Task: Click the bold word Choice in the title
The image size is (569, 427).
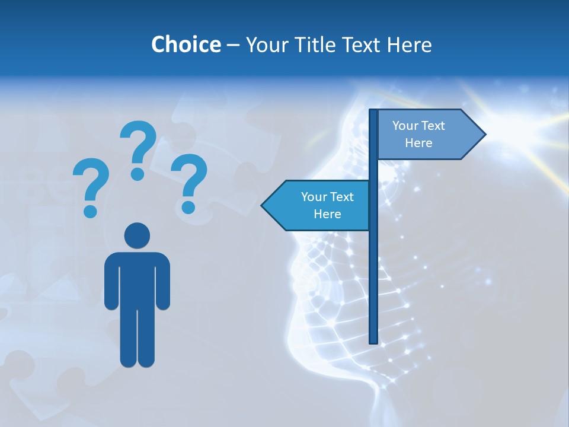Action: pos(186,44)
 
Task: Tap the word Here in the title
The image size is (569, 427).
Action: pos(409,44)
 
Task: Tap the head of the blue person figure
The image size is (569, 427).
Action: pos(137,235)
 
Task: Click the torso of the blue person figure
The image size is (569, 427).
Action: pos(137,279)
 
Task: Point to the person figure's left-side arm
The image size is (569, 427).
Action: pos(111,282)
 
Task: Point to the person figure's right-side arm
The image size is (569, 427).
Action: pos(163,282)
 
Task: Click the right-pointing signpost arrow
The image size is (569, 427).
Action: pos(427,135)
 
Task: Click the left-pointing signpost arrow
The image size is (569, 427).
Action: pos(317,205)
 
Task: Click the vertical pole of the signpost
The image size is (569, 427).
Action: pos(373,267)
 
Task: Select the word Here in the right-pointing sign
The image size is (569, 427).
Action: pos(418,143)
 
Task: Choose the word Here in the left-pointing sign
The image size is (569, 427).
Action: pos(327,214)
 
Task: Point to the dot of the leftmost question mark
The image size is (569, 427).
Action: pos(90,211)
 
